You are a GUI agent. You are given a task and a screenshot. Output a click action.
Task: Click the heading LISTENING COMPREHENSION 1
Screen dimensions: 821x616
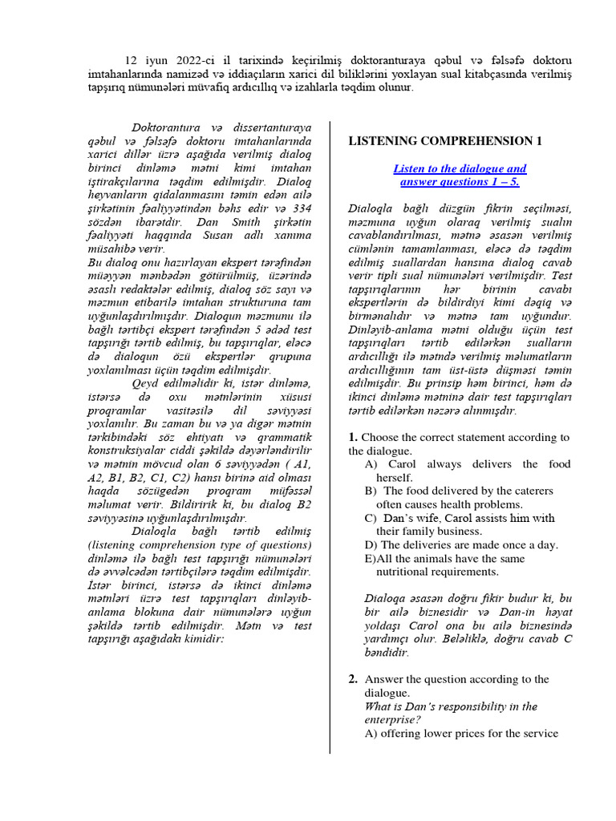click(x=445, y=141)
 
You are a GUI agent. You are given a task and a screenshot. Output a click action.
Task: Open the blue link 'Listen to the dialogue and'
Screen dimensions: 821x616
click(x=460, y=168)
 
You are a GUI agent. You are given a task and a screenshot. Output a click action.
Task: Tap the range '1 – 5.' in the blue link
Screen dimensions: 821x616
click(x=505, y=182)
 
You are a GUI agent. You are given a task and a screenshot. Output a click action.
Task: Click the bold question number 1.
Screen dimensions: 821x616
click(x=353, y=437)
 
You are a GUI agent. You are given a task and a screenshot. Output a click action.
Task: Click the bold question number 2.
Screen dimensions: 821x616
click(x=353, y=679)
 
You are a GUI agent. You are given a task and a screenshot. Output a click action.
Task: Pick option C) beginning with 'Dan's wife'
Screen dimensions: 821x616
click(x=459, y=518)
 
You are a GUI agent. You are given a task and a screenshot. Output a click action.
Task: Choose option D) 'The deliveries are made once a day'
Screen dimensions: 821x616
click(x=460, y=545)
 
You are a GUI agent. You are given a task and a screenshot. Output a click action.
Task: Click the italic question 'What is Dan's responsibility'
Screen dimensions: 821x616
click(x=450, y=706)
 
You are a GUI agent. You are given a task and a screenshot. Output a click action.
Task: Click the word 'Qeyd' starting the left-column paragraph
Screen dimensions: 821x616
click(x=147, y=383)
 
